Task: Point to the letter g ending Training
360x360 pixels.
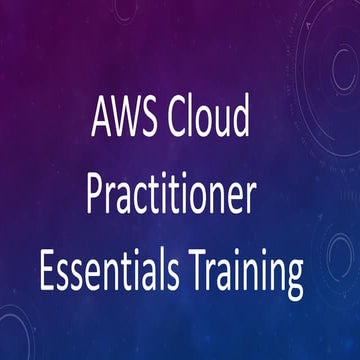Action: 293,274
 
